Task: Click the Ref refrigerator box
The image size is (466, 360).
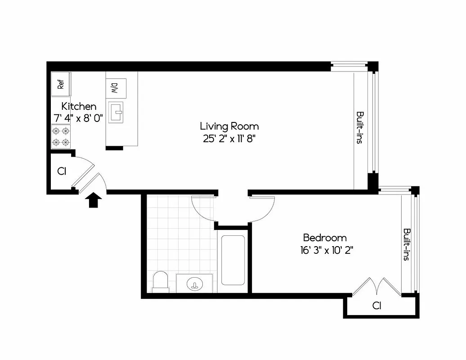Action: coord(61,84)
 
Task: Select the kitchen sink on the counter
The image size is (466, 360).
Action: coord(116,112)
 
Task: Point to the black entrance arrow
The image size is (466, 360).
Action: coord(93,199)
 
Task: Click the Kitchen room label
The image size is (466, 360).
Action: coord(79,107)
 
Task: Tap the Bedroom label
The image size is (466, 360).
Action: coord(324,238)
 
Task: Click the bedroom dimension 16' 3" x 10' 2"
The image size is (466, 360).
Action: coord(326,250)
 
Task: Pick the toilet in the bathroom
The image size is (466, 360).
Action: coord(160,282)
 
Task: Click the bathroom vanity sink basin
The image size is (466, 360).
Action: coord(195,284)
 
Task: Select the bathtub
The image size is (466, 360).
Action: coord(233,260)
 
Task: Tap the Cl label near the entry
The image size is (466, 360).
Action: coord(62,171)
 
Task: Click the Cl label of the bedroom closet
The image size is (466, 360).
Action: coord(377,306)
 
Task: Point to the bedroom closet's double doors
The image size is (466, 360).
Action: coord(376,287)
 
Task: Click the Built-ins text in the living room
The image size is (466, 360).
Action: coord(359,127)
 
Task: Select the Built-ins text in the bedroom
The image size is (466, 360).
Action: coord(406,244)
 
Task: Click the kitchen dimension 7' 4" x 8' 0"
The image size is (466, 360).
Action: coord(78,118)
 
